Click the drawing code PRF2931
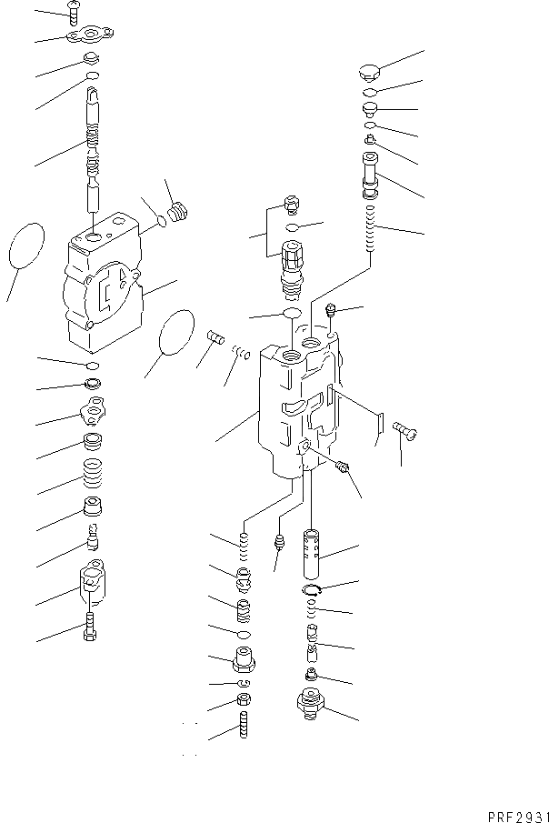point(518,817)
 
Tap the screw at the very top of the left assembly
point(74,13)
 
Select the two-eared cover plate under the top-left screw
point(90,36)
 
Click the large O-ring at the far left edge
point(26,246)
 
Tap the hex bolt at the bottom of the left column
point(90,627)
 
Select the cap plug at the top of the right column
point(370,72)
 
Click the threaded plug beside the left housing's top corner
point(178,213)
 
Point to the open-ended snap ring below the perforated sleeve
point(314,589)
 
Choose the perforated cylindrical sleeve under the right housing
point(311,554)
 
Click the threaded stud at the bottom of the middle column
point(244,724)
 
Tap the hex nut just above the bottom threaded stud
point(244,698)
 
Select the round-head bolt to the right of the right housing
point(405,431)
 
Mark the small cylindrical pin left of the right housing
point(216,336)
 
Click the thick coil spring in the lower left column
point(93,474)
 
